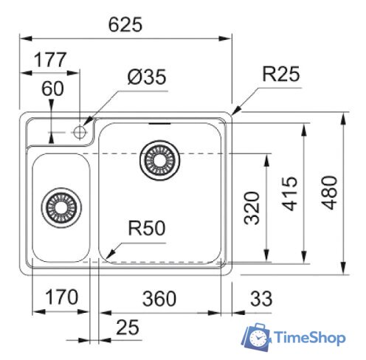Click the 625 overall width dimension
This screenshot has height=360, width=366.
pyautogui.click(x=125, y=24)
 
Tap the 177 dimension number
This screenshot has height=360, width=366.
pyautogui.click(x=50, y=60)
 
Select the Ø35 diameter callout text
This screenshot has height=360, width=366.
pyautogui.click(x=147, y=77)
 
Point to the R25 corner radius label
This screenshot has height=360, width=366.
pyautogui.click(x=281, y=74)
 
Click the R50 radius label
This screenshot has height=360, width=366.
pyautogui.click(x=147, y=228)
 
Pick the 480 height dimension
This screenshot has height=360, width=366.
pyautogui.click(x=330, y=193)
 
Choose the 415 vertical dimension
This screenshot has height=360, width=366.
pyautogui.click(x=289, y=193)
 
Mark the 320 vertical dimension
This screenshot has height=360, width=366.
pyautogui.click(x=252, y=208)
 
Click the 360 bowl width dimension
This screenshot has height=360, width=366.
pyautogui.click(x=159, y=299)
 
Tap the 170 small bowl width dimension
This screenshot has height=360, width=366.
pyautogui.click(x=62, y=297)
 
